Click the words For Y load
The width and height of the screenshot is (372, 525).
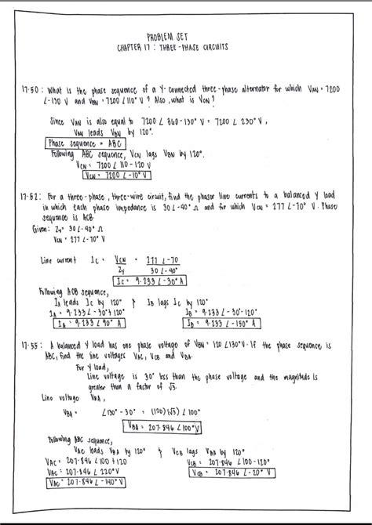92,366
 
